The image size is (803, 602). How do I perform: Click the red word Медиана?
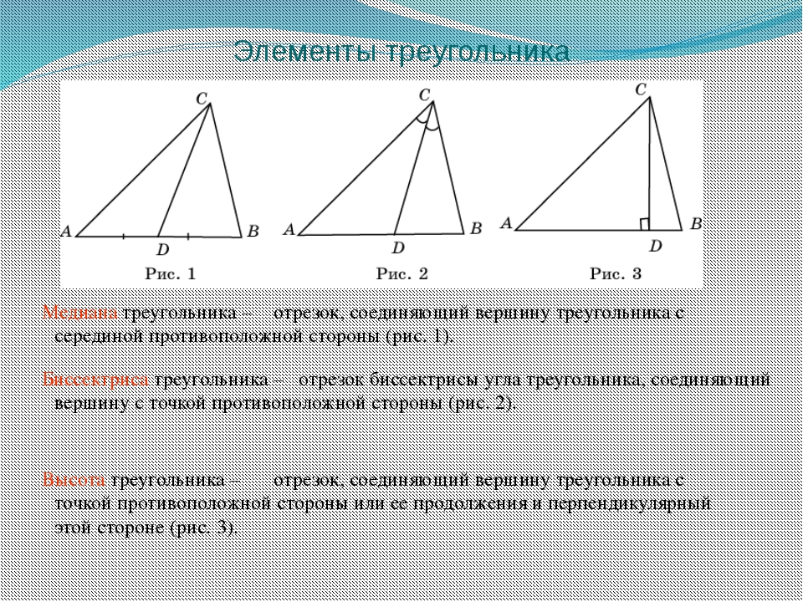pyautogui.click(x=81, y=314)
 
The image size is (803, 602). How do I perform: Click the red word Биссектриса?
pyautogui.click(x=95, y=380)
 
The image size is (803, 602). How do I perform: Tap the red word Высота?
pyautogui.click(x=74, y=481)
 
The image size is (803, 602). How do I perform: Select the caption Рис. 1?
pyautogui.click(x=171, y=272)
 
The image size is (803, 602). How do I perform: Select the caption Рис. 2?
pyautogui.click(x=402, y=272)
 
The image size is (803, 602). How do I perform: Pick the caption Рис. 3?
pyautogui.click(x=616, y=272)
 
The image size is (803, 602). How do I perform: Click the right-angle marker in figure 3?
pyautogui.click(x=645, y=223)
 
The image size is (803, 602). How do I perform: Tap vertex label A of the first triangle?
pyautogui.click(x=65, y=232)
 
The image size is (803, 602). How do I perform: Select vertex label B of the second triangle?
pyautogui.click(x=476, y=227)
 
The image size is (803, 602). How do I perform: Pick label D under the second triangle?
pyautogui.click(x=398, y=247)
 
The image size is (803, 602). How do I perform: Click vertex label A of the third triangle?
pyautogui.click(x=505, y=223)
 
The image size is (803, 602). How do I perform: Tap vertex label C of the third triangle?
pyautogui.click(x=642, y=89)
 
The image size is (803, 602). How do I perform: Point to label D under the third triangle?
pyautogui.click(x=655, y=246)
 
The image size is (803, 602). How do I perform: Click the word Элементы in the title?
pyautogui.click(x=302, y=52)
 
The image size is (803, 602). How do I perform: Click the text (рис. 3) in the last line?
pyautogui.click(x=203, y=528)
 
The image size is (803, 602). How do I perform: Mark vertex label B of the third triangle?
pyautogui.click(x=695, y=223)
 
